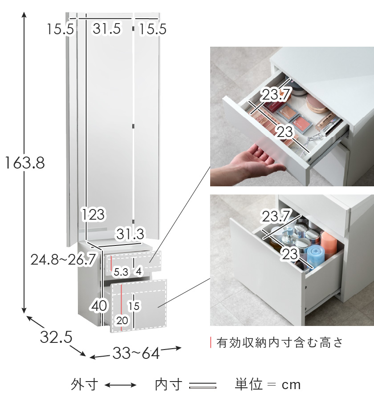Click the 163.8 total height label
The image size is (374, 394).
pyautogui.click(x=24, y=163)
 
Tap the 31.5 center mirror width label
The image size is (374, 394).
pyautogui.click(x=107, y=28)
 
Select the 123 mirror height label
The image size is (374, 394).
pyautogui.click(x=93, y=215)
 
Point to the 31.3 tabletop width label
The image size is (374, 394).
pyautogui.click(x=130, y=234)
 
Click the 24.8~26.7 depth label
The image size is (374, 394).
pyautogui.click(x=64, y=259)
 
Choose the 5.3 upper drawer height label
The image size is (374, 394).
pyautogui.click(x=121, y=272)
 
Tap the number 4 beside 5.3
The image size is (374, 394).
pyautogui.click(x=139, y=271)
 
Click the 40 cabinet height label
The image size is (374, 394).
pyautogui.click(x=99, y=306)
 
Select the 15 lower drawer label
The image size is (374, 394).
pyautogui.click(x=134, y=306)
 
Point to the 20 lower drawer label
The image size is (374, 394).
pyautogui.click(x=122, y=321)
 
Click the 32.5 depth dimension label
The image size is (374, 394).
pyautogui.click(x=56, y=337)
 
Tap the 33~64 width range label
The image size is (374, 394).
pyautogui.click(x=136, y=353)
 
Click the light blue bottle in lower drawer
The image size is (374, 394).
pyautogui.click(x=316, y=255)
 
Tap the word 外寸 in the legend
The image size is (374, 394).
pyautogui.click(x=85, y=385)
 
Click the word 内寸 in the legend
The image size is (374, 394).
pyautogui.click(x=169, y=385)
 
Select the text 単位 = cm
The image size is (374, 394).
pyautogui.click(x=268, y=385)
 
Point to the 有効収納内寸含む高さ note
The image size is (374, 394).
pyautogui.click(x=280, y=342)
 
